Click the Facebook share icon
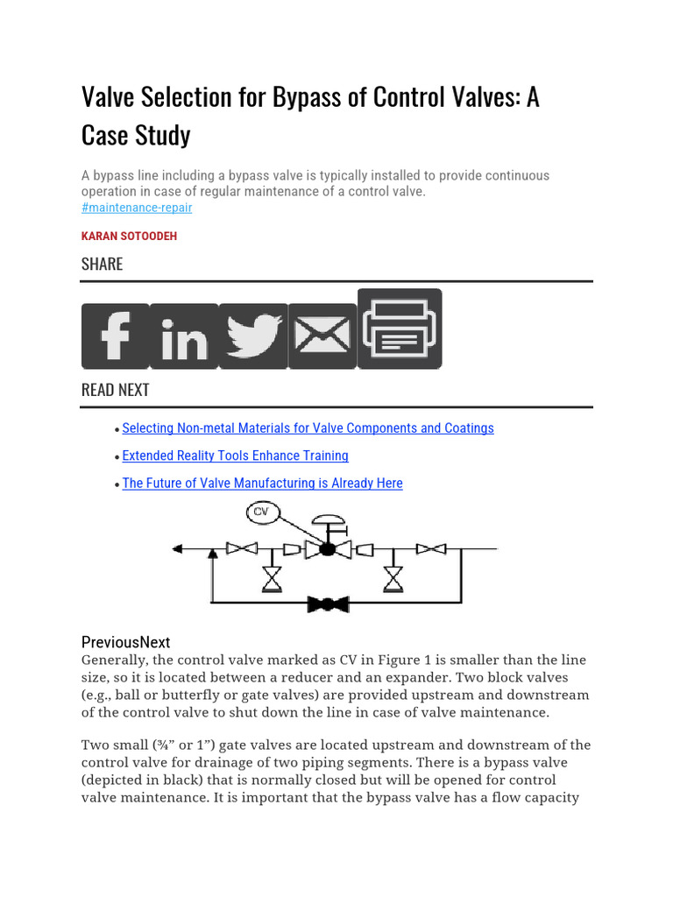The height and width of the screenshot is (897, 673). click(115, 336)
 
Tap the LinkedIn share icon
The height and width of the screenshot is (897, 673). click(184, 336)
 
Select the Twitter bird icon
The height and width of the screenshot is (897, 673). click(253, 336)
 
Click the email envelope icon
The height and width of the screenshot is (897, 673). click(322, 336)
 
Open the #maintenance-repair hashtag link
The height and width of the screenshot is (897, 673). click(137, 208)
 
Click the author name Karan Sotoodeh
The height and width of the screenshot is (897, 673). click(129, 237)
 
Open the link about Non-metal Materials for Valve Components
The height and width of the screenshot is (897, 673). click(308, 428)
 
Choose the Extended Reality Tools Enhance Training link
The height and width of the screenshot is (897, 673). click(235, 456)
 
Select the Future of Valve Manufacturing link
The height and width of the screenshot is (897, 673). click(262, 483)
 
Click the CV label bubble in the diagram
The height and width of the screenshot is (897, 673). click(262, 512)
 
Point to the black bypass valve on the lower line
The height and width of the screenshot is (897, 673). click(328, 604)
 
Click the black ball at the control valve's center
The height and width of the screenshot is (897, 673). click(328, 549)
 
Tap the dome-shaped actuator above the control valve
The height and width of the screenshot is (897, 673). click(327, 521)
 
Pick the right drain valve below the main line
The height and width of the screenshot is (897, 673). click(393, 578)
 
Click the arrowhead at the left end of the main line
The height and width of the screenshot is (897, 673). click(177, 549)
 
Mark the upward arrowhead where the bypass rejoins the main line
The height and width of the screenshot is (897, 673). click(211, 554)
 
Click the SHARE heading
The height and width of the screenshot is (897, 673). click(102, 264)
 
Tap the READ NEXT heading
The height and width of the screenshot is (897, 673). click(116, 390)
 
